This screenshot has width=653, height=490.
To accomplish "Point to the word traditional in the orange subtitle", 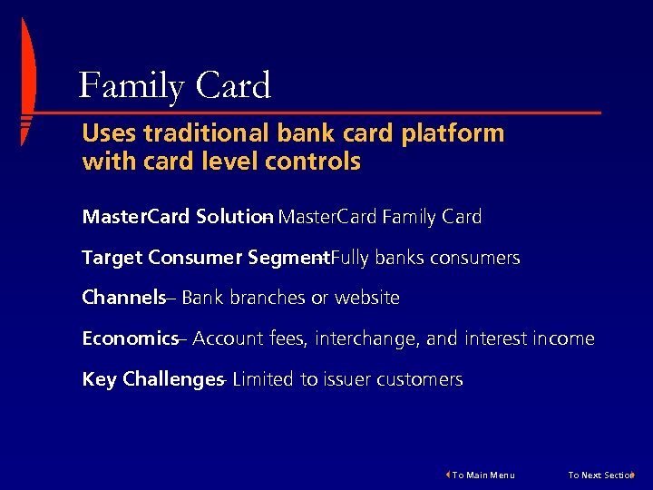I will point(194,133).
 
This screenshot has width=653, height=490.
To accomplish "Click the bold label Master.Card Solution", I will point(176,217).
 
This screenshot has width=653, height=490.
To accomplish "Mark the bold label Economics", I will point(130,338).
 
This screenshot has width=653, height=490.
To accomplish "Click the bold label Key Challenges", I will point(151,379).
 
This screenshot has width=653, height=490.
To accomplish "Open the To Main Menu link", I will point(483,475).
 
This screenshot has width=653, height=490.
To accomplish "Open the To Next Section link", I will point(599,475).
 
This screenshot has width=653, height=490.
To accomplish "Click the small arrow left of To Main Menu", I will point(447,475).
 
